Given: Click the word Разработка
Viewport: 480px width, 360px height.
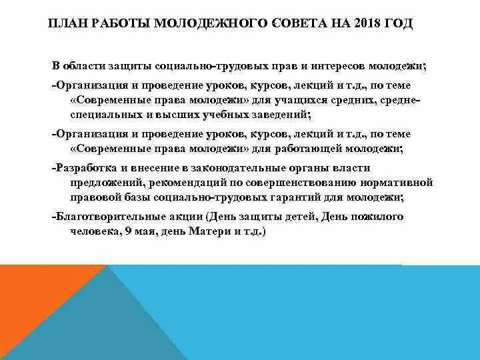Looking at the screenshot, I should click(x=89, y=167).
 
